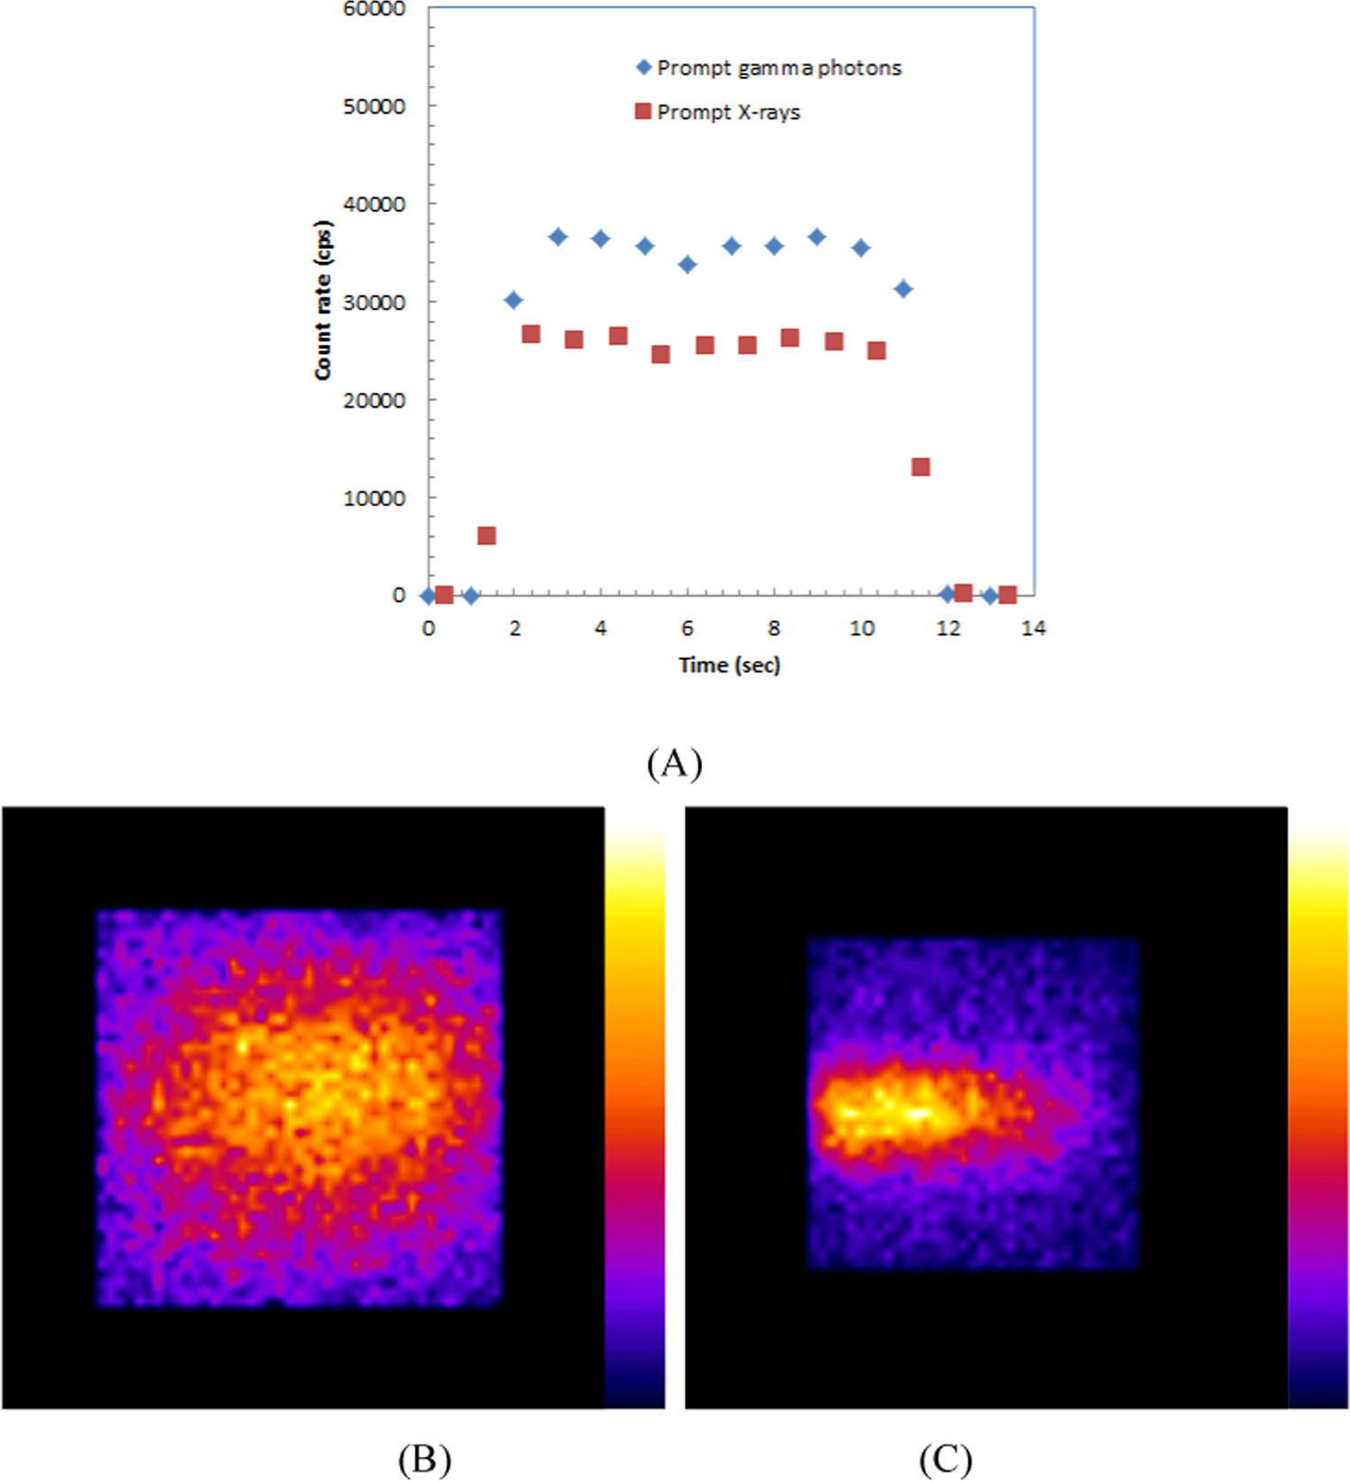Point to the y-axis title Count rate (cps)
pyautogui.click(x=323, y=301)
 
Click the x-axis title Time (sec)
pyautogui.click(x=729, y=665)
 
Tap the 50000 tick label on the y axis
pyautogui.click(x=374, y=107)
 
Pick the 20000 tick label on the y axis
pyautogui.click(x=374, y=401)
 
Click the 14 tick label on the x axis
pyautogui.click(x=1033, y=628)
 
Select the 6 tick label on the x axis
pyautogui.click(x=687, y=628)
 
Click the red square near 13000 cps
pyautogui.click(x=920, y=467)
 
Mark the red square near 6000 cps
pyautogui.click(x=486, y=536)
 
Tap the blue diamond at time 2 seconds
pyautogui.click(x=513, y=301)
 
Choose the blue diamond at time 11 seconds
pyautogui.click(x=902, y=289)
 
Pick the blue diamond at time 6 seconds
pyautogui.click(x=687, y=264)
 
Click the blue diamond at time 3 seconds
pyautogui.click(x=558, y=237)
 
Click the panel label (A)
pyautogui.click(x=674, y=764)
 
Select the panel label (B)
pyautogui.click(x=424, y=1459)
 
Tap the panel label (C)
pyautogui.click(x=945, y=1459)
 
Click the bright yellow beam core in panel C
pyautogui.click(x=889, y=1110)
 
